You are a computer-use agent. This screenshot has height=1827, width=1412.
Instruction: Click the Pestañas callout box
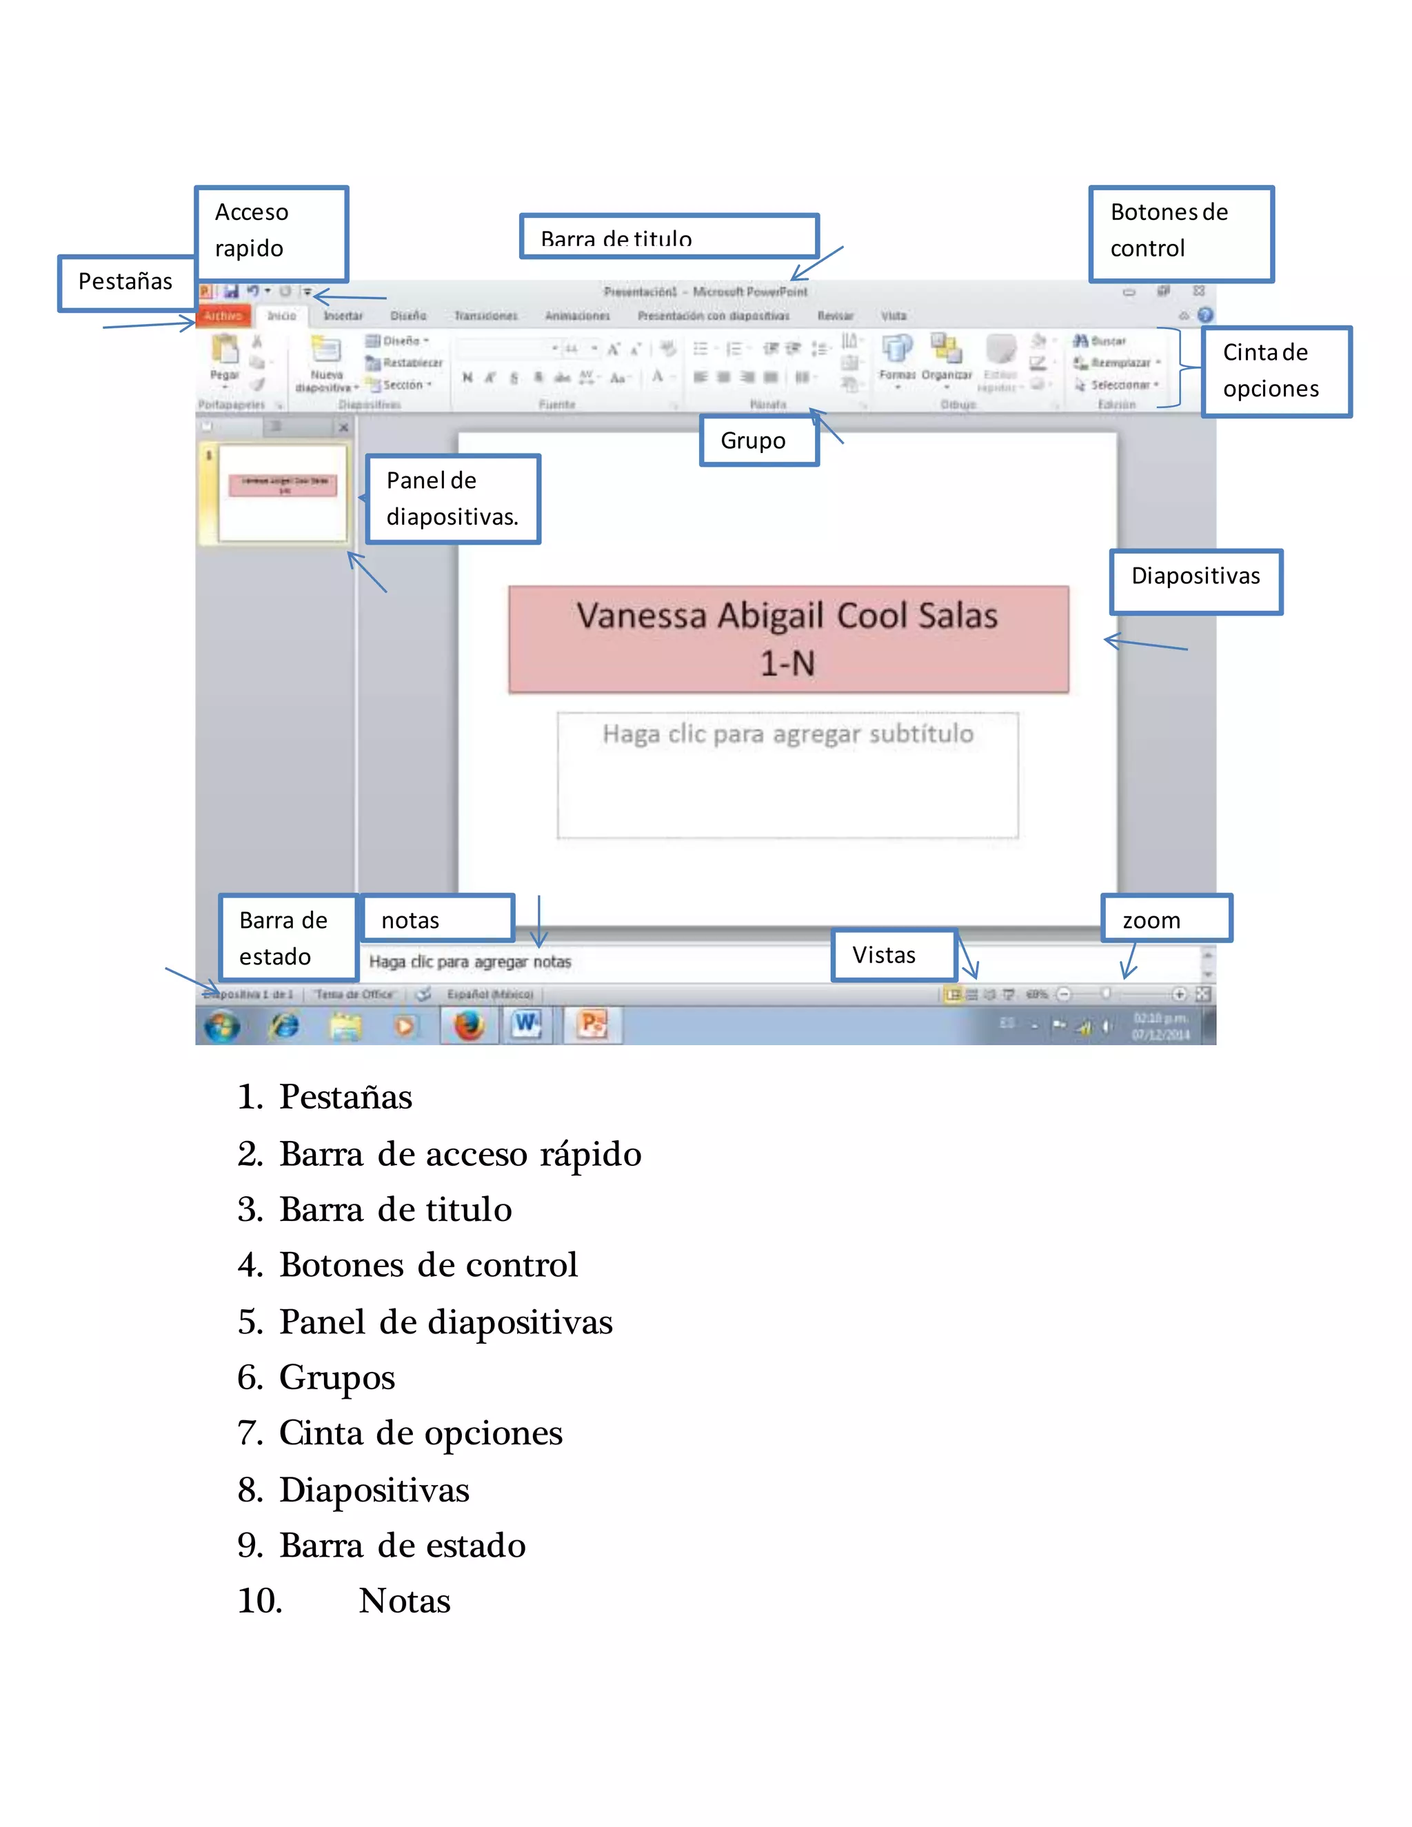point(126,283)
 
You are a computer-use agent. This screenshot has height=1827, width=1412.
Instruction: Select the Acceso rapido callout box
point(271,232)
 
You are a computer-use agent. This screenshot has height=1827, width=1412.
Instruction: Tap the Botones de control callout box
point(1180,232)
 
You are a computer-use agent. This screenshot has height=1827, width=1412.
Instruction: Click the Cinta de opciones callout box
point(1275,372)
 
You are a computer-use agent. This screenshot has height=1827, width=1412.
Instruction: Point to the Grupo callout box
point(758,441)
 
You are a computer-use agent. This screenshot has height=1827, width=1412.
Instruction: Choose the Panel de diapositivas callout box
point(452,499)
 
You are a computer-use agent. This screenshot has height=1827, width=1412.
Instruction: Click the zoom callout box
point(1166,919)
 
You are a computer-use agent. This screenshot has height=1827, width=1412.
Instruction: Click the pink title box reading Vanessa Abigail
point(788,640)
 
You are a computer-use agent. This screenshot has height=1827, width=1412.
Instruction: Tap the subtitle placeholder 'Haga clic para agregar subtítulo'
point(788,774)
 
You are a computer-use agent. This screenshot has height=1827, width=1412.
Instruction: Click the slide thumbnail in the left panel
point(283,493)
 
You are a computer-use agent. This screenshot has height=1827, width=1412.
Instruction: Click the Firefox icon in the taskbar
point(468,1024)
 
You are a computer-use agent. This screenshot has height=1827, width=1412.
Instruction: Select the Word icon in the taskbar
point(527,1024)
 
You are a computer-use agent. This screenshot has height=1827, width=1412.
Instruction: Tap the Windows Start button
point(222,1026)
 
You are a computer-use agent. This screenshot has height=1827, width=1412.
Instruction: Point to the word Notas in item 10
point(405,1601)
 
